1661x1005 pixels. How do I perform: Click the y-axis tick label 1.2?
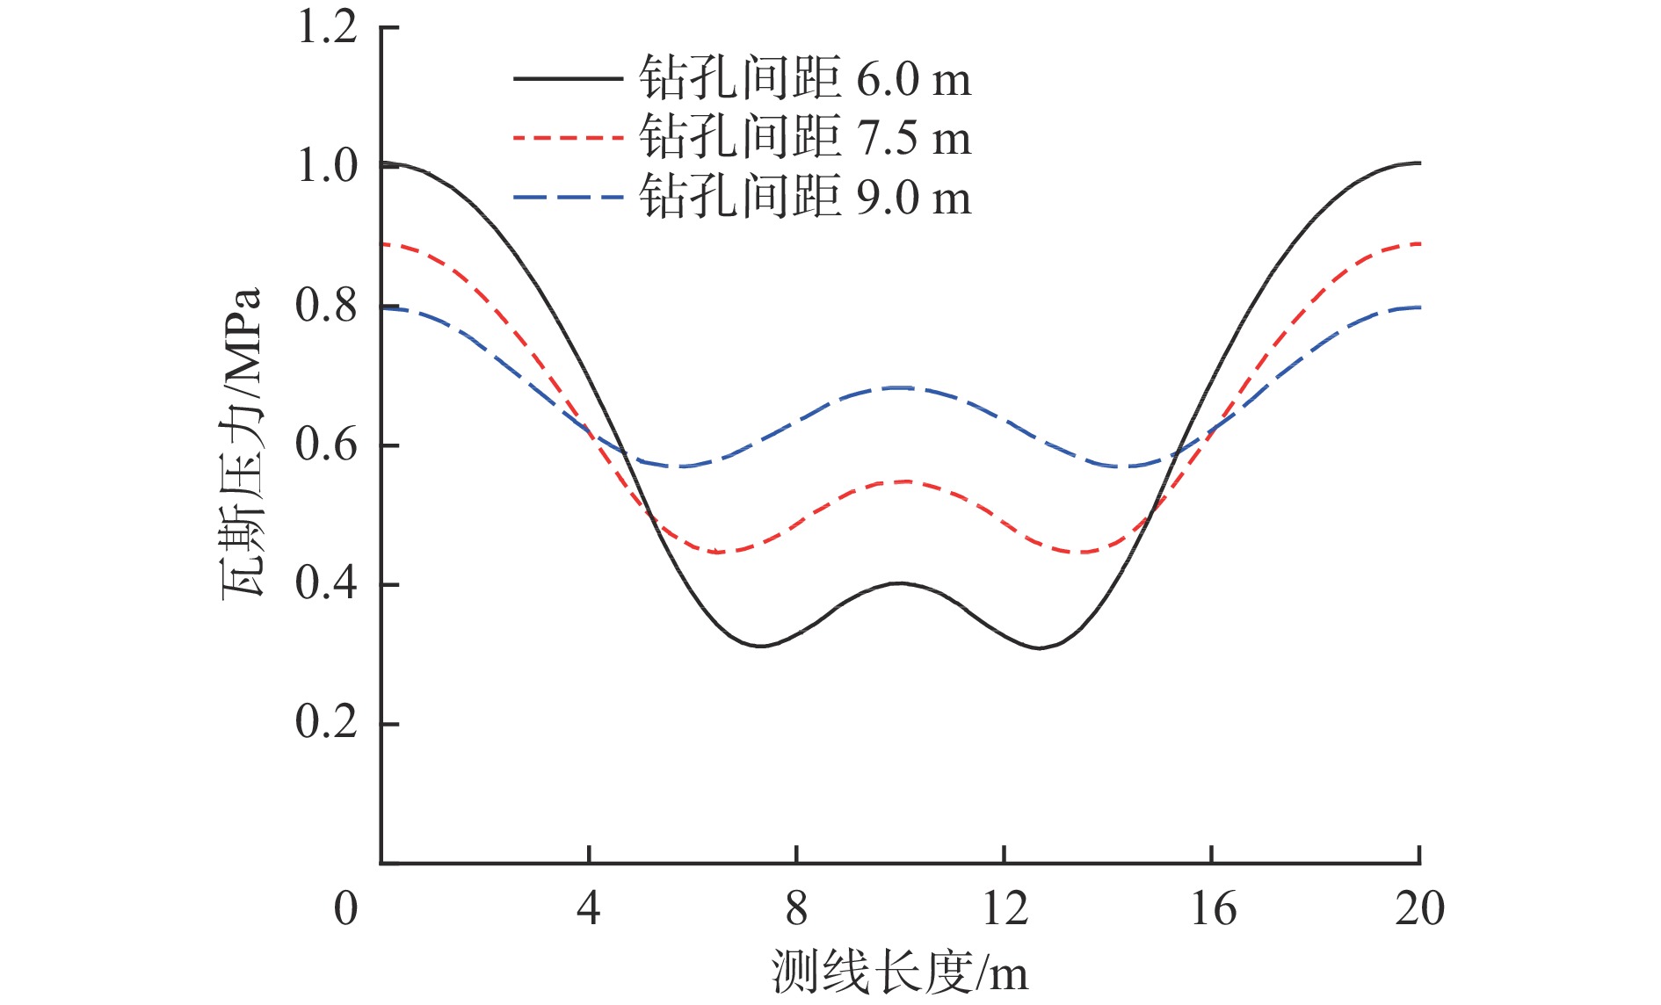pos(327,27)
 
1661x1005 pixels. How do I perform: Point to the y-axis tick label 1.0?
pos(327,166)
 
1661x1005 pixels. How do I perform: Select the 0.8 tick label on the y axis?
pos(327,306)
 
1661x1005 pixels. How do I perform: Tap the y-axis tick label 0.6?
pos(327,445)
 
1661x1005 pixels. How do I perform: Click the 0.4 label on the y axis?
pos(327,583)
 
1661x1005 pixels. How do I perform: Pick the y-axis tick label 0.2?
pos(327,722)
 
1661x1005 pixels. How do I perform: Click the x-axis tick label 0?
pos(346,908)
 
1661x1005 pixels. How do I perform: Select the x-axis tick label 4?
pos(589,908)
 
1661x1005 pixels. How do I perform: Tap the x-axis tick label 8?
pos(796,908)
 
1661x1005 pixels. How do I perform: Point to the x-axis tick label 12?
pos(1005,908)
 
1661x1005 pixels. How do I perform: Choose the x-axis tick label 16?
pos(1213,908)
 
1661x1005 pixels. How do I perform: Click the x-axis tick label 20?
pos(1419,908)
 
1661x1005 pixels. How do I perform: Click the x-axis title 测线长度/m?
pos(900,972)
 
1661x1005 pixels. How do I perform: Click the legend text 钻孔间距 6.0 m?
pos(805,79)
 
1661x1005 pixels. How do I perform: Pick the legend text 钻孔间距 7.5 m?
pos(805,137)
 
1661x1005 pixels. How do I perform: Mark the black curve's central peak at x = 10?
pos(900,583)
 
